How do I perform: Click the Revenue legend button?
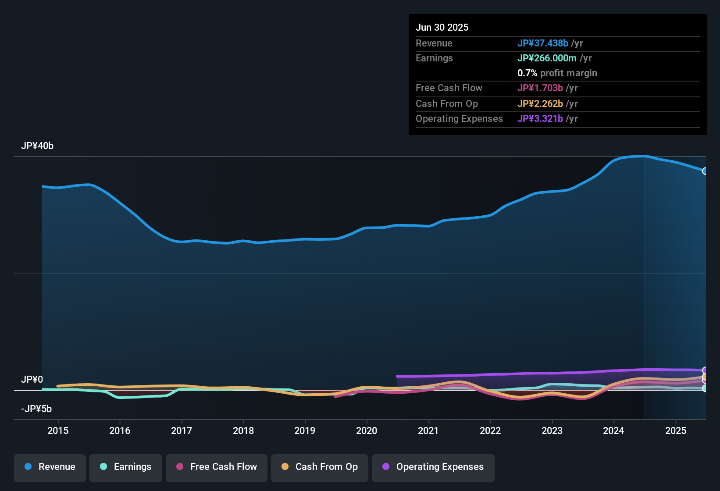tap(50, 467)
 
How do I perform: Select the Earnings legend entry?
tap(126, 467)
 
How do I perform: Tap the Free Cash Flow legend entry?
tap(217, 467)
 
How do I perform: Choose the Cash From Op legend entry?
tap(320, 467)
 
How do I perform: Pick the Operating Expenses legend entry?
tap(433, 467)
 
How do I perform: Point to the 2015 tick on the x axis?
tap(58, 431)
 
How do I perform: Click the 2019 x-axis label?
tap(305, 431)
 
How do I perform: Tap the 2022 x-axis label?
tap(490, 431)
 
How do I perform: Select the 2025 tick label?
tap(676, 431)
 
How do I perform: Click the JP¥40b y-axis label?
tap(37, 146)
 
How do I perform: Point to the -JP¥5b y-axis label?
tap(36, 409)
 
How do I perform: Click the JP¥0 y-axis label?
tap(32, 380)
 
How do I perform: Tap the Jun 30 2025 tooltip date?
tap(442, 28)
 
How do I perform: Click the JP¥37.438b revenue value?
tap(543, 43)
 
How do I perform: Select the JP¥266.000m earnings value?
tap(547, 58)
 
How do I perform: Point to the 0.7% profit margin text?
tap(557, 73)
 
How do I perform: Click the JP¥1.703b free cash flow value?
tap(540, 88)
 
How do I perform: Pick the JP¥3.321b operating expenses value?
tap(540, 119)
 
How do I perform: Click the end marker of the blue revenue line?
tap(705, 171)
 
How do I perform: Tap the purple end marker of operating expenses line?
tap(705, 370)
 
